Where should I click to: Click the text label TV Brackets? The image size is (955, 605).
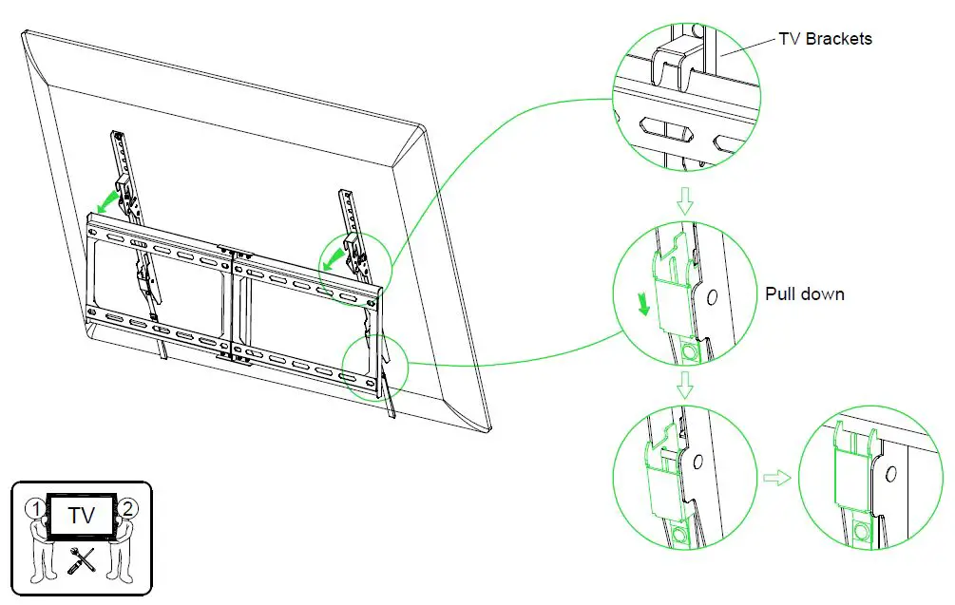pos(825,40)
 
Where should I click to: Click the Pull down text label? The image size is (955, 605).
pos(805,294)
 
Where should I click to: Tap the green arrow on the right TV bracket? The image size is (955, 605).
pos(332,257)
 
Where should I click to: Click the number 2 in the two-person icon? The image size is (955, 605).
pos(130,508)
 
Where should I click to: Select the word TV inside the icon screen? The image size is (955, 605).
pos(82,518)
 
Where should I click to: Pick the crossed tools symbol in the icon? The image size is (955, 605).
pos(83,563)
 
